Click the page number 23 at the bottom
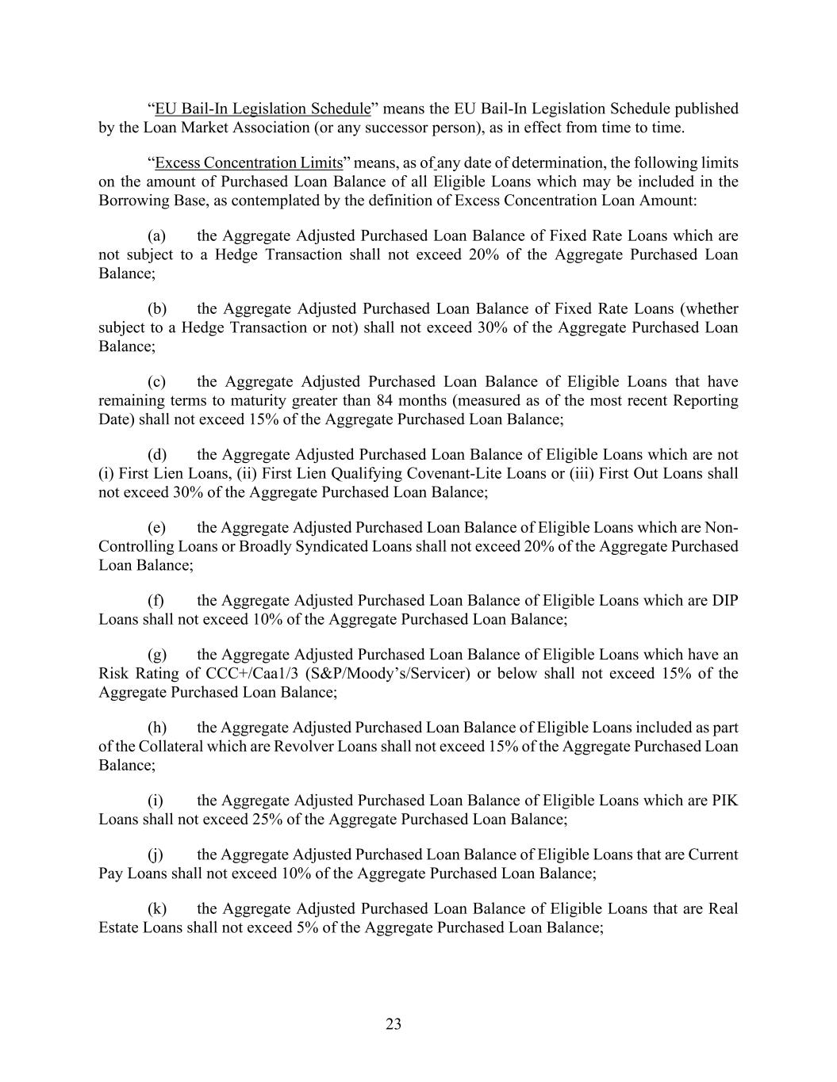coord(394,1024)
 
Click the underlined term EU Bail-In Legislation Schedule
coord(263,109)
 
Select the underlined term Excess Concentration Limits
coord(248,162)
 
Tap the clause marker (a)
coord(156,235)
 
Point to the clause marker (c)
coord(156,381)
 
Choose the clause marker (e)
coord(156,527)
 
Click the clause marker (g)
coord(156,654)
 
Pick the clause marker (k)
coord(156,908)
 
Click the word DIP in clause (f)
coord(725,600)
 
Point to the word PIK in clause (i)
coord(725,800)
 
